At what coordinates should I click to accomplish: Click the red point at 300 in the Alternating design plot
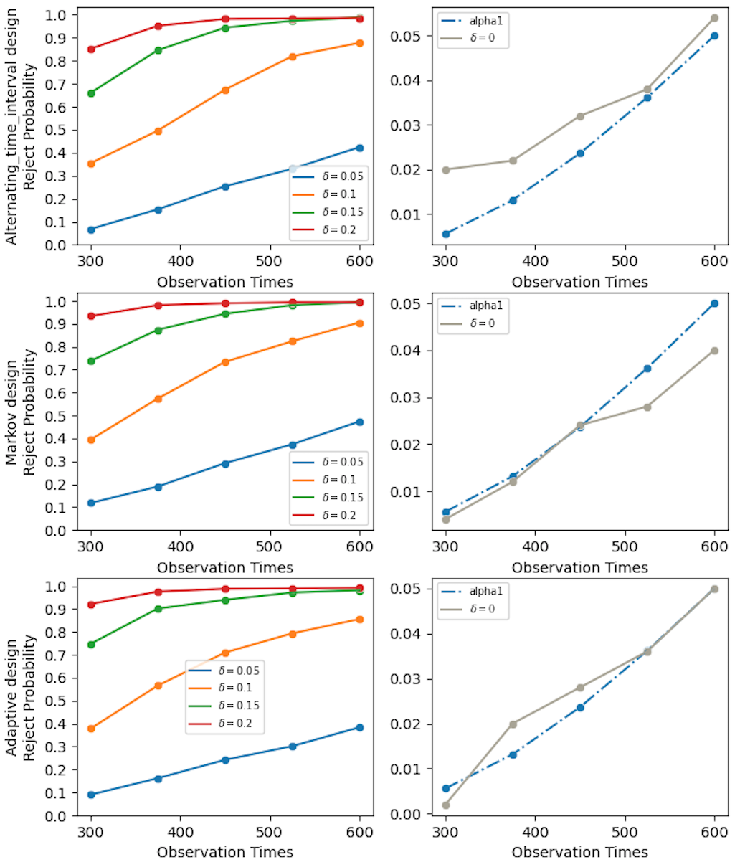(91, 49)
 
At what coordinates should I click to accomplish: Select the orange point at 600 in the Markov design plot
(359, 323)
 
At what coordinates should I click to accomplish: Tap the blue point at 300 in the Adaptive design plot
(91, 795)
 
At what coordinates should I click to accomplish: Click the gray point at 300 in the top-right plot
(446, 170)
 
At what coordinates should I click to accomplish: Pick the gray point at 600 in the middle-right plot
(715, 351)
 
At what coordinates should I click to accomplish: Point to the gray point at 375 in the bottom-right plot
(513, 724)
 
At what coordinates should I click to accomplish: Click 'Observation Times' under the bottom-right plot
(580, 852)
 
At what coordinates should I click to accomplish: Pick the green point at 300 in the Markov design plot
(91, 361)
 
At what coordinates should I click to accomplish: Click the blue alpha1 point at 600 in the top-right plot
(715, 36)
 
